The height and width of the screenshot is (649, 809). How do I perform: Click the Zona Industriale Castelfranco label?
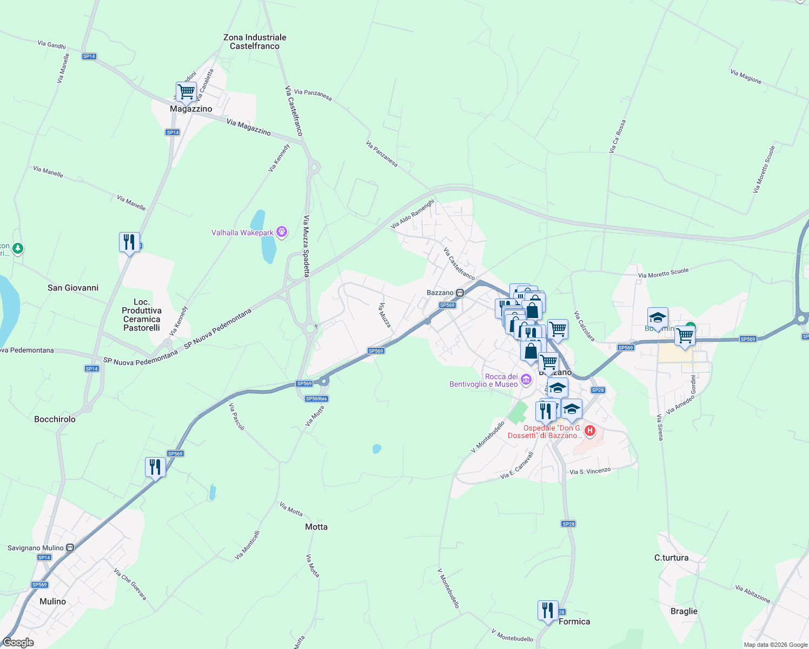click(x=255, y=42)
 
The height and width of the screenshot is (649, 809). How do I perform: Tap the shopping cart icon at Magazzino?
click(x=186, y=92)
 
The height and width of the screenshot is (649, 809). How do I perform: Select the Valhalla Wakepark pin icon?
click(x=282, y=233)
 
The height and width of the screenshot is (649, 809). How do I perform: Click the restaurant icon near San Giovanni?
click(x=129, y=242)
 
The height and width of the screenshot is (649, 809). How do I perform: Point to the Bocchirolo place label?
click(x=55, y=419)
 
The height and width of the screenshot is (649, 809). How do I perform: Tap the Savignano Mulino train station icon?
click(x=70, y=548)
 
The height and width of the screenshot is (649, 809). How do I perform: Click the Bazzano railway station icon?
click(x=460, y=293)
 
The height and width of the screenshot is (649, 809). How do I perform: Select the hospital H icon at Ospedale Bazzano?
click(x=590, y=431)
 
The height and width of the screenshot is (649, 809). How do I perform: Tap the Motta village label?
click(x=316, y=527)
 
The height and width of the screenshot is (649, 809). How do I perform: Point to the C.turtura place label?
click(x=671, y=558)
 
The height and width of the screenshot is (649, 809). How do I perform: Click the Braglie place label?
click(x=684, y=611)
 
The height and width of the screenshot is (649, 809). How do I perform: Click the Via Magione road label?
click(x=746, y=76)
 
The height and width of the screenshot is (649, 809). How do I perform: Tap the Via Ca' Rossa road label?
click(x=617, y=136)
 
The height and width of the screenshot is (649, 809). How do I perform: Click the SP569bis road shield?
click(x=316, y=399)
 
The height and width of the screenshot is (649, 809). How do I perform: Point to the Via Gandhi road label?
click(x=52, y=44)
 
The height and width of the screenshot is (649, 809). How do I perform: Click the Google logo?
click(x=18, y=643)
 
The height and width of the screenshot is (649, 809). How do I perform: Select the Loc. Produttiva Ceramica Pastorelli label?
click(x=142, y=315)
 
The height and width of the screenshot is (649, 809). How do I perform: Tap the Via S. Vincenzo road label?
click(x=590, y=471)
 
